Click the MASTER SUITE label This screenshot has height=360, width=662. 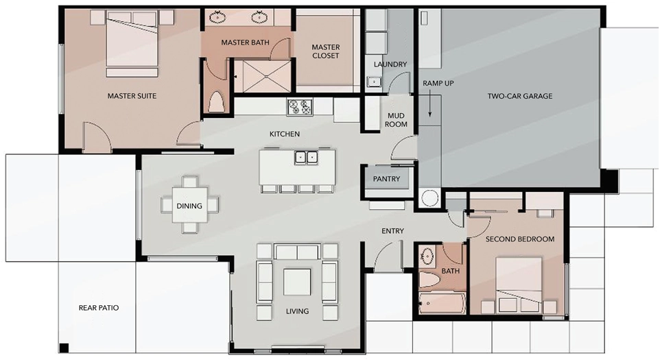point(132,96)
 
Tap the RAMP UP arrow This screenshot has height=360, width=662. point(430,104)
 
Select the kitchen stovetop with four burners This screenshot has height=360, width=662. point(299,107)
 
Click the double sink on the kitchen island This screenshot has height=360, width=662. point(306,158)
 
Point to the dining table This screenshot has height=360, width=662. point(189,205)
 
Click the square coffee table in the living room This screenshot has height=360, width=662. point(297,282)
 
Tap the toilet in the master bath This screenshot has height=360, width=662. point(216,101)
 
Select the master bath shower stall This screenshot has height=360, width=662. point(262,76)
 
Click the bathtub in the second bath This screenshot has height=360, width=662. point(442,304)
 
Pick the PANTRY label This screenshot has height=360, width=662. point(386,179)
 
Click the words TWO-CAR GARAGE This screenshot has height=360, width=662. point(520,96)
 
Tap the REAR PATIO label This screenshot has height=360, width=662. point(99,308)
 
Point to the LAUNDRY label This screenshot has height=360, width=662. point(390,64)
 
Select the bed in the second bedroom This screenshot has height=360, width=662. point(519,285)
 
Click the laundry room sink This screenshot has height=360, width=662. point(374,82)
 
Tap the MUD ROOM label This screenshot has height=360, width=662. point(396,120)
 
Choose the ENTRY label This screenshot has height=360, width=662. point(392,231)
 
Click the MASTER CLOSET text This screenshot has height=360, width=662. point(325,51)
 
